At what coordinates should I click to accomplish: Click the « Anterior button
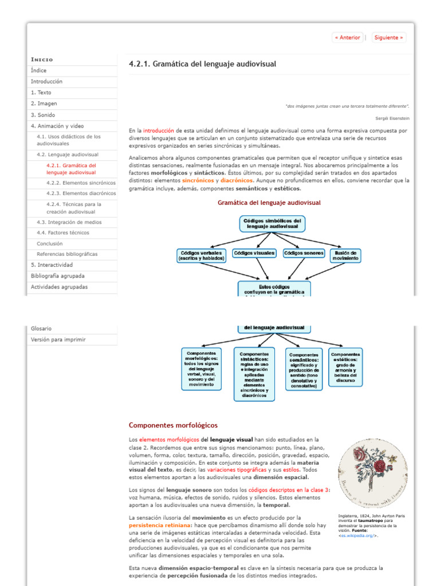click(x=348, y=38)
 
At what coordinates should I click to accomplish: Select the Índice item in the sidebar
click(x=39, y=70)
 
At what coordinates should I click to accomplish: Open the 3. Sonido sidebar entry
click(x=43, y=115)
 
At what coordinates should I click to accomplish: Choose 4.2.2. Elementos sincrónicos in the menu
click(x=81, y=183)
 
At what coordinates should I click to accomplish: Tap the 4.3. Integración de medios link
click(x=69, y=222)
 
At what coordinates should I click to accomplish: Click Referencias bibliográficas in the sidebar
click(x=67, y=254)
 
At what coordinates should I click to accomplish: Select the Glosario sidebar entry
click(x=41, y=328)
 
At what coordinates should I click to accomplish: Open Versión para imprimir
click(x=58, y=339)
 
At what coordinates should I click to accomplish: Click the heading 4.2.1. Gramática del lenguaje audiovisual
click(x=202, y=64)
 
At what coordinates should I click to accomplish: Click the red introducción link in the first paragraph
click(x=159, y=130)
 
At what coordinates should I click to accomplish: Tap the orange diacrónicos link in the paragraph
click(x=237, y=180)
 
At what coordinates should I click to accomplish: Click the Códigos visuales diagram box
click(x=254, y=253)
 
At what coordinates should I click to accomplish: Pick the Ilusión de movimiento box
click(x=346, y=256)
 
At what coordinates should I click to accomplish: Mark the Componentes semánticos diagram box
click(x=304, y=370)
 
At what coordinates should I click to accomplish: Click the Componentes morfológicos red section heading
click(x=173, y=425)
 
